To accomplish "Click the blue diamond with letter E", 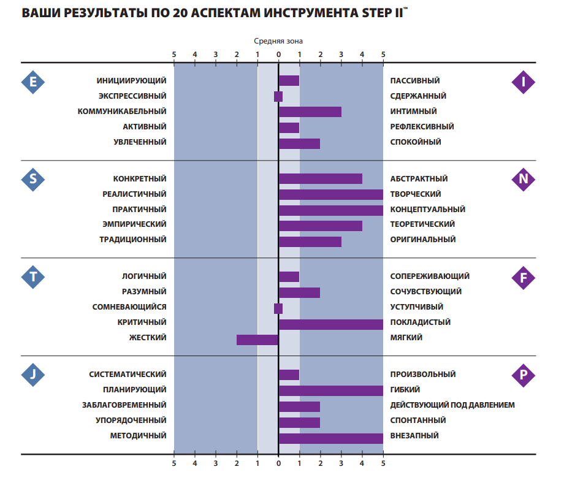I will point(33,82).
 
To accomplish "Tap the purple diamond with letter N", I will point(523,179).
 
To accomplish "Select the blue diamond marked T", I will point(33,277).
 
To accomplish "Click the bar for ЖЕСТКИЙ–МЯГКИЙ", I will point(257,340).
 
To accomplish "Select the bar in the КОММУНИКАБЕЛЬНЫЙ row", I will point(310,112).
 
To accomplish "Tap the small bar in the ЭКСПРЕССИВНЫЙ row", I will point(278,96).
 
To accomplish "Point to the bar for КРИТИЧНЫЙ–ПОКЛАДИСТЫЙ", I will point(331,324).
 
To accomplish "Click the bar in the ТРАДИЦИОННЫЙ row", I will point(310,242).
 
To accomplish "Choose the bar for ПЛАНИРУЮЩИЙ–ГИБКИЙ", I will point(331,390).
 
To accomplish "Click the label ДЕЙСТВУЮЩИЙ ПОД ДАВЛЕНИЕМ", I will point(452,405).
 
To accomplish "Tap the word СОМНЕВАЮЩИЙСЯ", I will point(129,307).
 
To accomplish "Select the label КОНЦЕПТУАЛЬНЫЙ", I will point(427,210).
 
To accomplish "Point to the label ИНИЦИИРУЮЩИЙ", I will point(131,81).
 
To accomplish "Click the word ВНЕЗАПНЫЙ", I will point(414,436).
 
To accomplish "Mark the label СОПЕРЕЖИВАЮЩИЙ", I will point(430,276).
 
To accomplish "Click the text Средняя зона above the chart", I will point(278,41).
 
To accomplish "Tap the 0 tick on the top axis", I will point(278,55).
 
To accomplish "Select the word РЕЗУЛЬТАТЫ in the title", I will point(99,13).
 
